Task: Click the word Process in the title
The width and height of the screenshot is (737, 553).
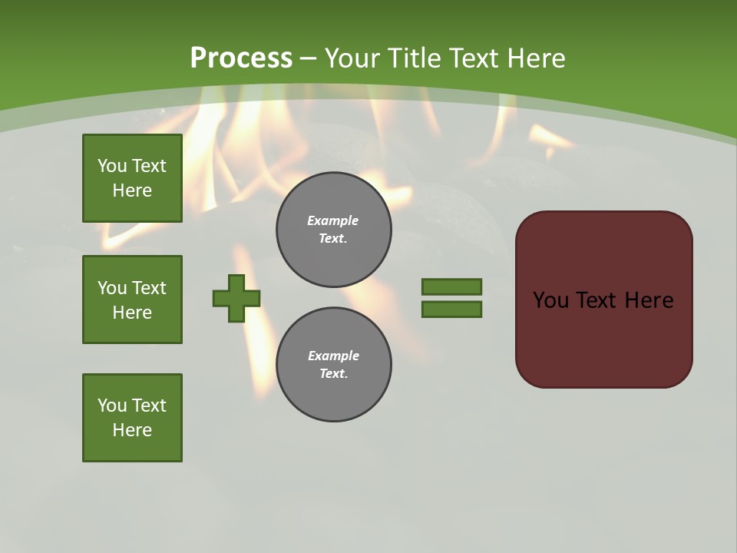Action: click(241, 58)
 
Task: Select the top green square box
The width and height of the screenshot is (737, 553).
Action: click(132, 178)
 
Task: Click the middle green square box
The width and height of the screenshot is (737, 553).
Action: click(132, 300)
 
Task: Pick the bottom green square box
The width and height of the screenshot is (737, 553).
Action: click(132, 418)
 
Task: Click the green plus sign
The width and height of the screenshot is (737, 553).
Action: click(236, 298)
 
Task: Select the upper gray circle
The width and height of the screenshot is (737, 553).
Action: click(334, 230)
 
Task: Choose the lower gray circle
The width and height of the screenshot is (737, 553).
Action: click(334, 365)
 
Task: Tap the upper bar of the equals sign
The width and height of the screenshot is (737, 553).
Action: click(451, 286)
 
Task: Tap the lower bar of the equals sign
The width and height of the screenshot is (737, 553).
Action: click(451, 309)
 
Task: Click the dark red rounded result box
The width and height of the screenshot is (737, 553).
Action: click(604, 338)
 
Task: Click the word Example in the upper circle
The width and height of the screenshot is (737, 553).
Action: click(332, 220)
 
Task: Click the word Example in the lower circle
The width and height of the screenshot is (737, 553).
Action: click(333, 356)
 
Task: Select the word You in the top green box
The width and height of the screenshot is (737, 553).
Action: click(112, 166)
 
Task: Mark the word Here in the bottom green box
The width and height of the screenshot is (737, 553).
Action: click(132, 430)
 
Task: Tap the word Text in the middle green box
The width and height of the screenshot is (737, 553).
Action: click(148, 288)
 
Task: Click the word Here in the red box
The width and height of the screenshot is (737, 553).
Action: click(649, 300)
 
